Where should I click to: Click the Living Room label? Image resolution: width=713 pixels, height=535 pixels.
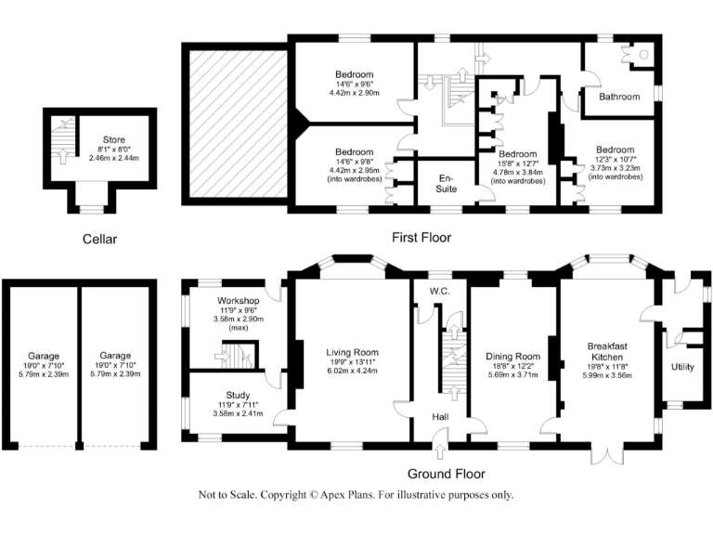(352, 352)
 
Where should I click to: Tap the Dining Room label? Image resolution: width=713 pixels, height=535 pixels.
(513, 356)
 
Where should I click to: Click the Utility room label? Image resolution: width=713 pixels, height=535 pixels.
(682, 367)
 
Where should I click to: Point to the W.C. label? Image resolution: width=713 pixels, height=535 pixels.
(440, 291)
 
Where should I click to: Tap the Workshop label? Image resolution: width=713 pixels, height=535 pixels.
(238, 301)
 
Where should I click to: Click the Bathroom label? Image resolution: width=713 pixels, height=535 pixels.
(618, 97)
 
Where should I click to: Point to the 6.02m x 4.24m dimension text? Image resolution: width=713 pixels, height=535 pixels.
(352, 372)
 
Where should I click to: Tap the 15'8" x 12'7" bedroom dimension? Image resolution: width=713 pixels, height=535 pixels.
(517, 163)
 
